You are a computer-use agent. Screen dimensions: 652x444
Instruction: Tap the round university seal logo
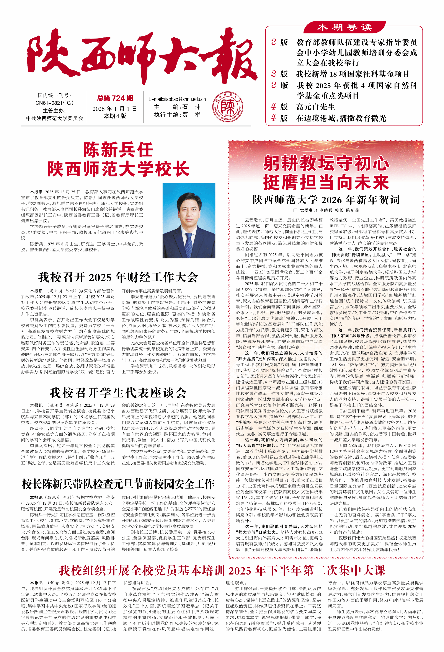[x=228, y=107]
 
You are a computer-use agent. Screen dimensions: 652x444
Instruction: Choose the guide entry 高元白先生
[x=315, y=107]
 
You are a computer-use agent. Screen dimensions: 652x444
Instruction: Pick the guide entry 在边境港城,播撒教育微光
[x=341, y=118]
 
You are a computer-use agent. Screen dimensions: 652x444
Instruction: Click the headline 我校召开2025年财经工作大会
[x=118, y=277]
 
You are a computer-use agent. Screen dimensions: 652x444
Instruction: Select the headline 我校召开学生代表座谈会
[x=118, y=393]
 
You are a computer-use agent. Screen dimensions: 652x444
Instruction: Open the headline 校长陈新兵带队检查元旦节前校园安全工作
[x=118, y=484]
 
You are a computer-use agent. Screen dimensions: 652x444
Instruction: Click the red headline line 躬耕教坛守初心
[x=326, y=163]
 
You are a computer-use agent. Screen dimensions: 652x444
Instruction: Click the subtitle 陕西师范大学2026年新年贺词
[x=326, y=200]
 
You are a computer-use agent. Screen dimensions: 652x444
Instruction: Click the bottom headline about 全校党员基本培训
[x=222, y=570]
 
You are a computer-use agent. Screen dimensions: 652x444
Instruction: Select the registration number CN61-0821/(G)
[x=54, y=103]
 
